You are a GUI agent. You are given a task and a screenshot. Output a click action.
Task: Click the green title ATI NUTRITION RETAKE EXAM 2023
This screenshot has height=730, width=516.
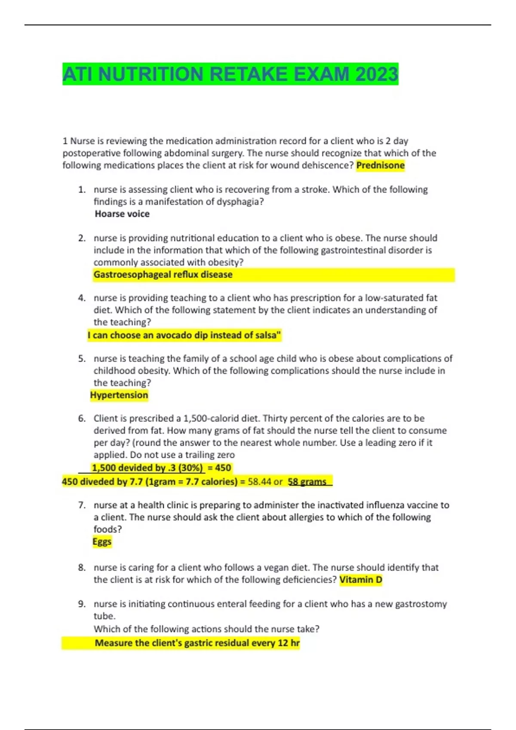pyautogui.click(x=230, y=74)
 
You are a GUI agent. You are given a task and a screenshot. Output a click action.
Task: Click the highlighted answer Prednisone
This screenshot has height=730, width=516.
pyautogui.click(x=381, y=165)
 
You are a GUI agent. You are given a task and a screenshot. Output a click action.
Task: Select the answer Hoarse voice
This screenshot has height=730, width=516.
pyautogui.click(x=122, y=214)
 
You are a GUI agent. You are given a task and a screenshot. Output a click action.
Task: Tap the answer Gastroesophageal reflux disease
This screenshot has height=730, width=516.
pyautogui.click(x=163, y=274)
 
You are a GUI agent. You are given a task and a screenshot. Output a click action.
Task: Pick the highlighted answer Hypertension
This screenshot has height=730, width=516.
pyautogui.click(x=119, y=395)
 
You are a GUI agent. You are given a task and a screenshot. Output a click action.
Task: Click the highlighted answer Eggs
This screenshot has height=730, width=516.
pyautogui.click(x=102, y=541)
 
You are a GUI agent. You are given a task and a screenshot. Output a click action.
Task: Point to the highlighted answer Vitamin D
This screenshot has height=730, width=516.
pyautogui.click(x=361, y=580)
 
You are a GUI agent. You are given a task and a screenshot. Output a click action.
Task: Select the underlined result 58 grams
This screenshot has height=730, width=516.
pyautogui.click(x=307, y=482)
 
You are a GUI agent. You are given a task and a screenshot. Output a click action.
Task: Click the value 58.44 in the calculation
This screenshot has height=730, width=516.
pyautogui.click(x=260, y=482)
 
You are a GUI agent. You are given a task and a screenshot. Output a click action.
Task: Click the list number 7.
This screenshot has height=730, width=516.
pyautogui.click(x=82, y=505)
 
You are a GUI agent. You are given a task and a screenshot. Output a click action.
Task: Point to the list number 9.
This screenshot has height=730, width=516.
pyautogui.click(x=82, y=604)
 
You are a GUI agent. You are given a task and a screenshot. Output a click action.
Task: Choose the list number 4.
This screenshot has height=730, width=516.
pyautogui.click(x=82, y=298)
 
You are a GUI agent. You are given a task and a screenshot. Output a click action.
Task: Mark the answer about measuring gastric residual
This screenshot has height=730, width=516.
pyautogui.click(x=197, y=643)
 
